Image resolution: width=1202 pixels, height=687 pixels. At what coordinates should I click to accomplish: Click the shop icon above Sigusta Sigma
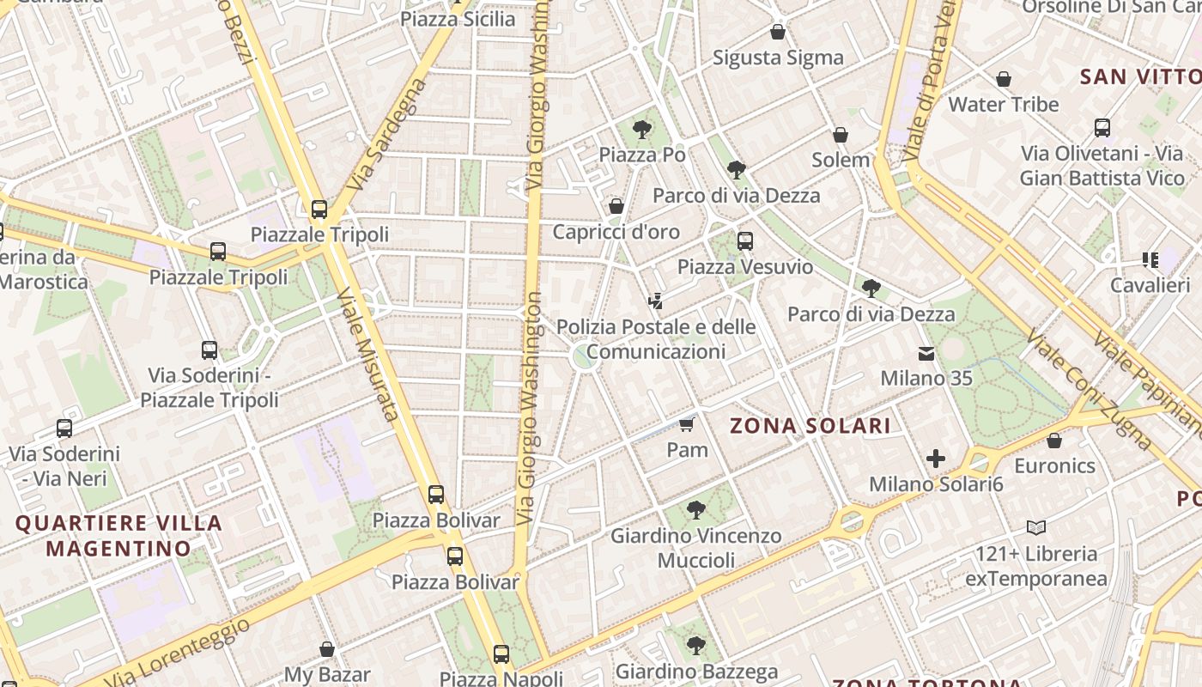[778, 33]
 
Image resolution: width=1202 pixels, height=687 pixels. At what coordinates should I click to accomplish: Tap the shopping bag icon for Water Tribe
[1003, 80]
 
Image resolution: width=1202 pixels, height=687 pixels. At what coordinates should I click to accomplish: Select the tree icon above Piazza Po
[641, 131]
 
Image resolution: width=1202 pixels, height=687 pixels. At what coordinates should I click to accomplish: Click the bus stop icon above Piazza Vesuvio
[745, 241]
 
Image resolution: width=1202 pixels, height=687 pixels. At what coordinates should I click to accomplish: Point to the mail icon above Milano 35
[926, 353]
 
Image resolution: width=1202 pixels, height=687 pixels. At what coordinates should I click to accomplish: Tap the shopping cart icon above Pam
[686, 424]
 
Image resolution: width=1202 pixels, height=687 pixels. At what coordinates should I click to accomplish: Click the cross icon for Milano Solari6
[936, 459]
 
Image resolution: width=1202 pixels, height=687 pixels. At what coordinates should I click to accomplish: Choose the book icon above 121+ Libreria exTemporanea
[1036, 527]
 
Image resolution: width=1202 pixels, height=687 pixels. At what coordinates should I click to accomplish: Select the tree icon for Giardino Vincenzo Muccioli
[696, 510]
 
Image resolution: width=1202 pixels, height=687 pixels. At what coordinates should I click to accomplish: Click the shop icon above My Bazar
[327, 649]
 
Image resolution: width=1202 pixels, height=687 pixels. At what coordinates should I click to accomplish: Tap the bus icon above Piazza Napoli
[501, 654]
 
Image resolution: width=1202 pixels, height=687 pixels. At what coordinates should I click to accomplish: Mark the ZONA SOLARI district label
[810, 426]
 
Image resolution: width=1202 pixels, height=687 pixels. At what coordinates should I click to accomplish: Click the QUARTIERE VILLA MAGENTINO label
[118, 535]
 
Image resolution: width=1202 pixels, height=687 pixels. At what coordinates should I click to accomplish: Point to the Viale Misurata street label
[368, 355]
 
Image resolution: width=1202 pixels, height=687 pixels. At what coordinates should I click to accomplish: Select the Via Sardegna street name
[388, 136]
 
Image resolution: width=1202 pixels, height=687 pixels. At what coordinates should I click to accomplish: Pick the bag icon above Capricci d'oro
[616, 206]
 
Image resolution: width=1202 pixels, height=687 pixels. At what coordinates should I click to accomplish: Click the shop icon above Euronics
[1054, 441]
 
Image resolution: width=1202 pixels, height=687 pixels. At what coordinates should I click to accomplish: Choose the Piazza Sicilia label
[458, 19]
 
